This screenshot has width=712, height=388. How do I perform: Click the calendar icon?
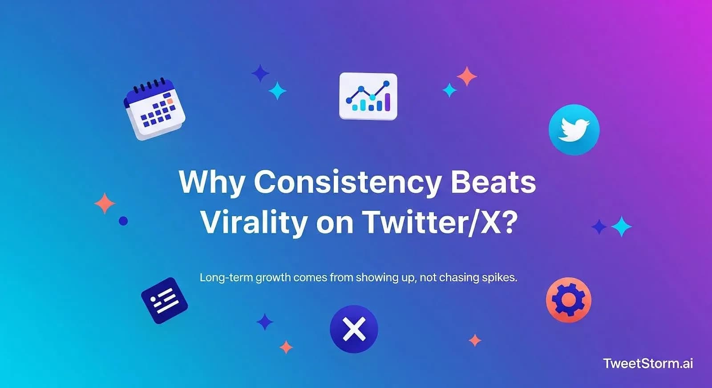tap(154, 109)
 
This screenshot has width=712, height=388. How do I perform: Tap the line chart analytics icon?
tap(368, 96)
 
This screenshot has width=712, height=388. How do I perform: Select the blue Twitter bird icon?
tap(574, 130)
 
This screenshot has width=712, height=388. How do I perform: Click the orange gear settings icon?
tap(568, 300)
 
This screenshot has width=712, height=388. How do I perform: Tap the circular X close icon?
tap(354, 329)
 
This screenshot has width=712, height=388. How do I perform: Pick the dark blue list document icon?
tap(164, 300)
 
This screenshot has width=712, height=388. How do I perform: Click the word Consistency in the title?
tap(348, 182)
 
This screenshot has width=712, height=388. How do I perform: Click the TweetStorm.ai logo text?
tap(648, 364)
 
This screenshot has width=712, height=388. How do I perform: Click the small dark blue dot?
tap(123, 220)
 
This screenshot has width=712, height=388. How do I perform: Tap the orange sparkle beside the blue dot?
tap(105, 204)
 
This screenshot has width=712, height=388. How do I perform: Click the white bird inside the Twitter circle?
tap(574, 129)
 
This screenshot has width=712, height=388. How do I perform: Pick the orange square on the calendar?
tap(169, 101)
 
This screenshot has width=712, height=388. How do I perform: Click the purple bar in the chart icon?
tap(388, 102)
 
